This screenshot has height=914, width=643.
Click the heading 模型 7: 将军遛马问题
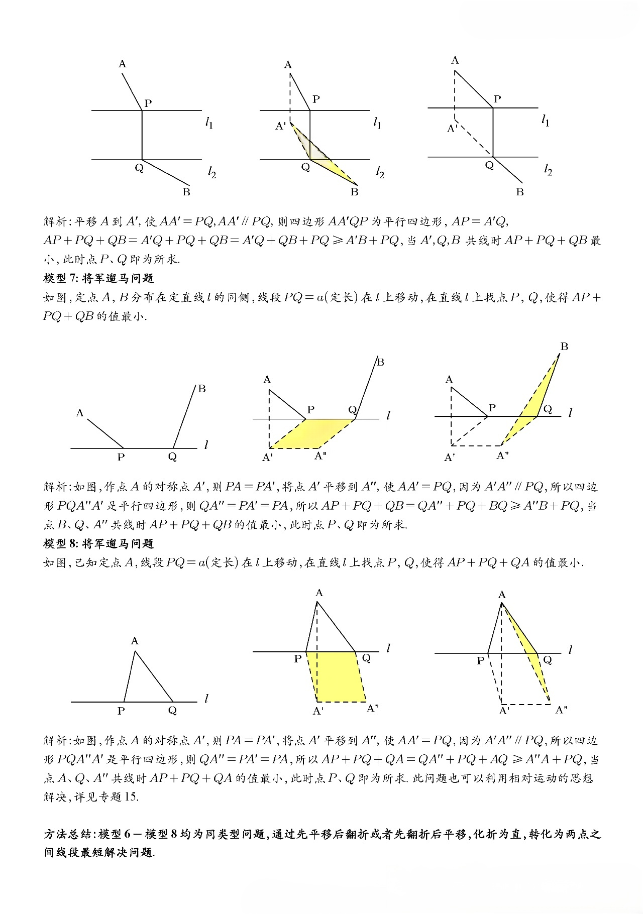(98, 278)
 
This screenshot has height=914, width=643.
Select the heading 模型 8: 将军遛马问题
(98, 543)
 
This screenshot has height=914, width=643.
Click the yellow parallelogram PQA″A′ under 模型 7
(311, 433)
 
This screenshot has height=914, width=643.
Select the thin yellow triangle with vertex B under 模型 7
(538, 402)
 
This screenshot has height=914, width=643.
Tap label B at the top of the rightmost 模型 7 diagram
(564, 346)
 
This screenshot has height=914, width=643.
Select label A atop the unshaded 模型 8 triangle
(134, 641)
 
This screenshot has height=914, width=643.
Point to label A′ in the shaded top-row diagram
(280, 126)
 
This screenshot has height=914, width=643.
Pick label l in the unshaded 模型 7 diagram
(206, 444)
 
